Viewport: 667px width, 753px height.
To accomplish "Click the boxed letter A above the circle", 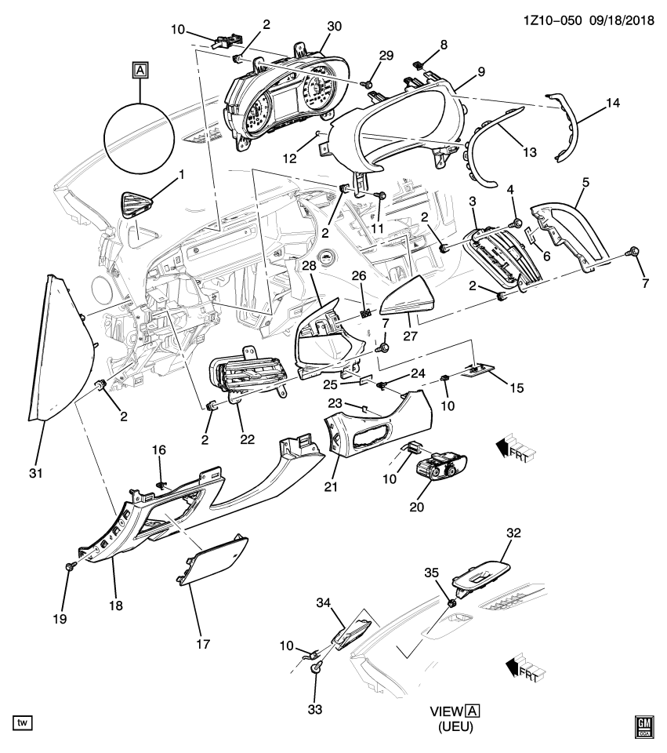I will pyautogui.click(x=140, y=71).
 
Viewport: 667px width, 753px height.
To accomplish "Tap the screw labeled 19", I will pyautogui.click(x=71, y=566).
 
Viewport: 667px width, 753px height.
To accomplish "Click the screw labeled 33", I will pyautogui.click(x=316, y=668).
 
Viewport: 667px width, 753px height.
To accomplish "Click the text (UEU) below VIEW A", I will pyautogui.click(x=455, y=726).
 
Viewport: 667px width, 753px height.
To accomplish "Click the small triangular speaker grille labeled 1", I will pyautogui.click(x=138, y=206).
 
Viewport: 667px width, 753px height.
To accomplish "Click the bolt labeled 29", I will pyautogui.click(x=367, y=82).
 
